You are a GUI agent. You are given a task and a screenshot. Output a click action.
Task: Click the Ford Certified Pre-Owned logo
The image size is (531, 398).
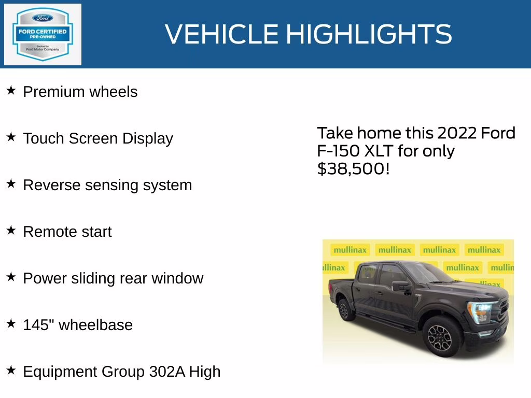[43, 34]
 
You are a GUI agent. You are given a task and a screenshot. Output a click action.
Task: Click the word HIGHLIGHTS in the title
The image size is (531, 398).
[369, 34]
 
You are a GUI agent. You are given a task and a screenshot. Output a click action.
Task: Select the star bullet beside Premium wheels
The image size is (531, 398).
[11, 91]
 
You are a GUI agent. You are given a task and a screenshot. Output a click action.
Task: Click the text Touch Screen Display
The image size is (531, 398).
[98, 138]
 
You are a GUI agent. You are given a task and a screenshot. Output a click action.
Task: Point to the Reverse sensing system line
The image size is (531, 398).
[107, 185]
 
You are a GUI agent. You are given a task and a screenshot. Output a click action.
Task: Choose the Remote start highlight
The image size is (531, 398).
[67, 232]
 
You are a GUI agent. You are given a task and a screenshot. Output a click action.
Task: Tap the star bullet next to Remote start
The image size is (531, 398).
[11, 231]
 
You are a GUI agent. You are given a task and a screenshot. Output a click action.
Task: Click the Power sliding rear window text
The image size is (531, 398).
[113, 278]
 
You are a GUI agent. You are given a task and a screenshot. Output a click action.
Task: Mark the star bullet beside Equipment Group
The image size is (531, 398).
[11, 371]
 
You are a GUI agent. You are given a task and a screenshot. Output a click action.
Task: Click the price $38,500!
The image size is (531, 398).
[353, 168]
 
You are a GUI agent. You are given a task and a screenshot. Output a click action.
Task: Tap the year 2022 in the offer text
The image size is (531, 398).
[456, 133]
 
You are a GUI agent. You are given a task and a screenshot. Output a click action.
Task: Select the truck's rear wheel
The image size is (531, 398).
[344, 310]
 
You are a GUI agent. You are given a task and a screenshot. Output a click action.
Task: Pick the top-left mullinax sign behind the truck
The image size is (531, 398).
[350, 250]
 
